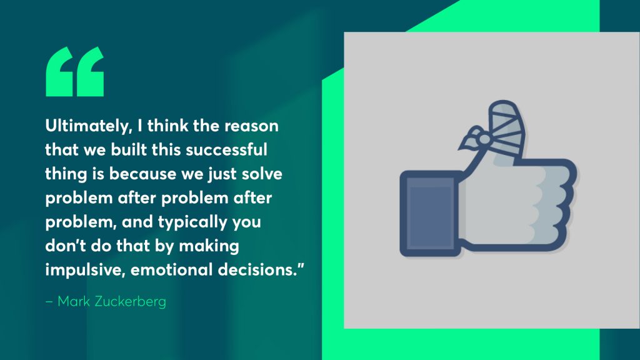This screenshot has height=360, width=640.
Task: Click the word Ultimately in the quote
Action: (x=88, y=126)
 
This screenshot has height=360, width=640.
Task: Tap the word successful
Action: (x=226, y=149)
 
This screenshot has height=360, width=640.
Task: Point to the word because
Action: (x=143, y=174)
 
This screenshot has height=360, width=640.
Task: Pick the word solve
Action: (x=262, y=174)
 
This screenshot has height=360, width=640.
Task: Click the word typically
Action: (x=192, y=222)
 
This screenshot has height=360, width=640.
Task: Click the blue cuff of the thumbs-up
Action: (x=430, y=214)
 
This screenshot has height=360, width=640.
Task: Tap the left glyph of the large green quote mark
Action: (x=59, y=72)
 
